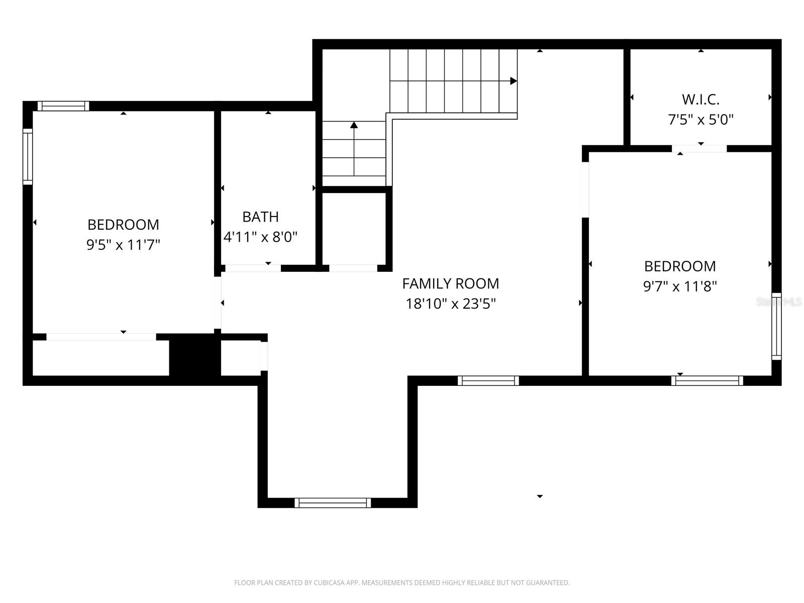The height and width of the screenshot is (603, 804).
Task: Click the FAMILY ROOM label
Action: (x=450, y=283)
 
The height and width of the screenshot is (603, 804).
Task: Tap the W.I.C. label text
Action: (x=700, y=99)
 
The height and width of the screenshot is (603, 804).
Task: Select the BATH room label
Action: (x=260, y=217)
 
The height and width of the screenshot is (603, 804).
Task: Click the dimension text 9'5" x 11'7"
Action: (x=123, y=245)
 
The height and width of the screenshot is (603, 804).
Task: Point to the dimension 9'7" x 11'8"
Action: (x=680, y=286)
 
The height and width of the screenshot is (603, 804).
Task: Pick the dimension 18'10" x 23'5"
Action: (x=451, y=304)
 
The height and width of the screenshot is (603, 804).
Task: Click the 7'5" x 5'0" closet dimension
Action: (x=700, y=120)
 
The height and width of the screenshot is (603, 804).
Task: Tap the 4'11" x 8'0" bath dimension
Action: (x=260, y=237)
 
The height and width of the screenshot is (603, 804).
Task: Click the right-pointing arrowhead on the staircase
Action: (x=513, y=81)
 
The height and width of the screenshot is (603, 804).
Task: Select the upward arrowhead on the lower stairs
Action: (x=354, y=125)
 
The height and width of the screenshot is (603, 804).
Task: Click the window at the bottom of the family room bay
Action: (x=333, y=502)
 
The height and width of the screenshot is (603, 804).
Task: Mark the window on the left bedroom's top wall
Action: (x=63, y=106)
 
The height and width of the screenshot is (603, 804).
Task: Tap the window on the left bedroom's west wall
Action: (x=28, y=156)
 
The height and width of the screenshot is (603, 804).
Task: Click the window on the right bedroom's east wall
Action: (x=776, y=326)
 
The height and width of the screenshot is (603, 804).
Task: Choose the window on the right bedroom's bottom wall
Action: (x=707, y=380)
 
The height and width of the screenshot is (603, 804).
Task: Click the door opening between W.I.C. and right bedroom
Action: (x=699, y=149)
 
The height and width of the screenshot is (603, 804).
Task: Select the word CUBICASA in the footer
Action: (x=329, y=583)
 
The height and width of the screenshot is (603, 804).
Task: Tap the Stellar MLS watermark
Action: (x=779, y=302)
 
